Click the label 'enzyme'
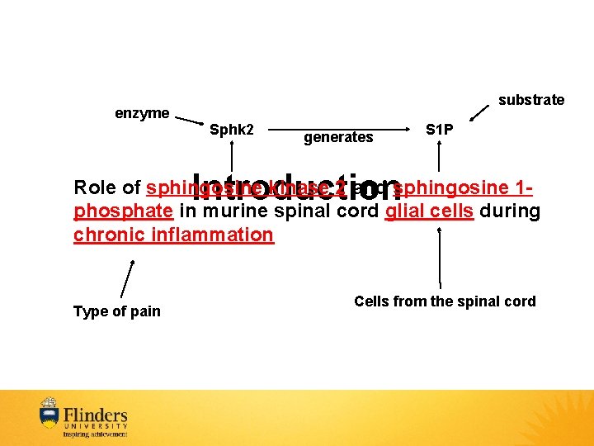[142, 113]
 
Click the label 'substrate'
[531, 100]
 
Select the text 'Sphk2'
[232, 130]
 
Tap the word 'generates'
[338, 138]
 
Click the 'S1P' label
[439, 130]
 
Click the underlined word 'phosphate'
[123, 211]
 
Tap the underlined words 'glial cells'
[429, 211]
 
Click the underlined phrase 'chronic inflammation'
[173, 235]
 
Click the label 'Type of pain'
[117, 311]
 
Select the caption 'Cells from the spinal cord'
[445, 301]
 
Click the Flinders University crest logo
[49, 414]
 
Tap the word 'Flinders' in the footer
[96, 414]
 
